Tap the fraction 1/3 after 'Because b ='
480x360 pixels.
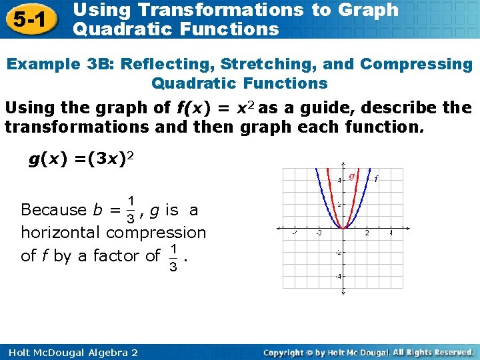[x=132, y=209]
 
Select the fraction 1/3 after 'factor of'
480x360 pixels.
[x=173, y=255]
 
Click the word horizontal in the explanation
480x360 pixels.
[x=61, y=233]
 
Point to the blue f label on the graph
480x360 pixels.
[x=376, y=178]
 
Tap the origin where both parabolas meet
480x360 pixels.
[x=343, y=228]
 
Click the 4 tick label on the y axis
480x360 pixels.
[x=339, y=180]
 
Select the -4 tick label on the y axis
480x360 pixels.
[x=338, y=276]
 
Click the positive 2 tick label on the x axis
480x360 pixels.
[x=367, y=233]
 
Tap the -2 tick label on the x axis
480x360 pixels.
[x=318, y=233]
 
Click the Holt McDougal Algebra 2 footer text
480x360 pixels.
[x=71, y=351]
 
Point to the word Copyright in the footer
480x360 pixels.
[x=287, y=351]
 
